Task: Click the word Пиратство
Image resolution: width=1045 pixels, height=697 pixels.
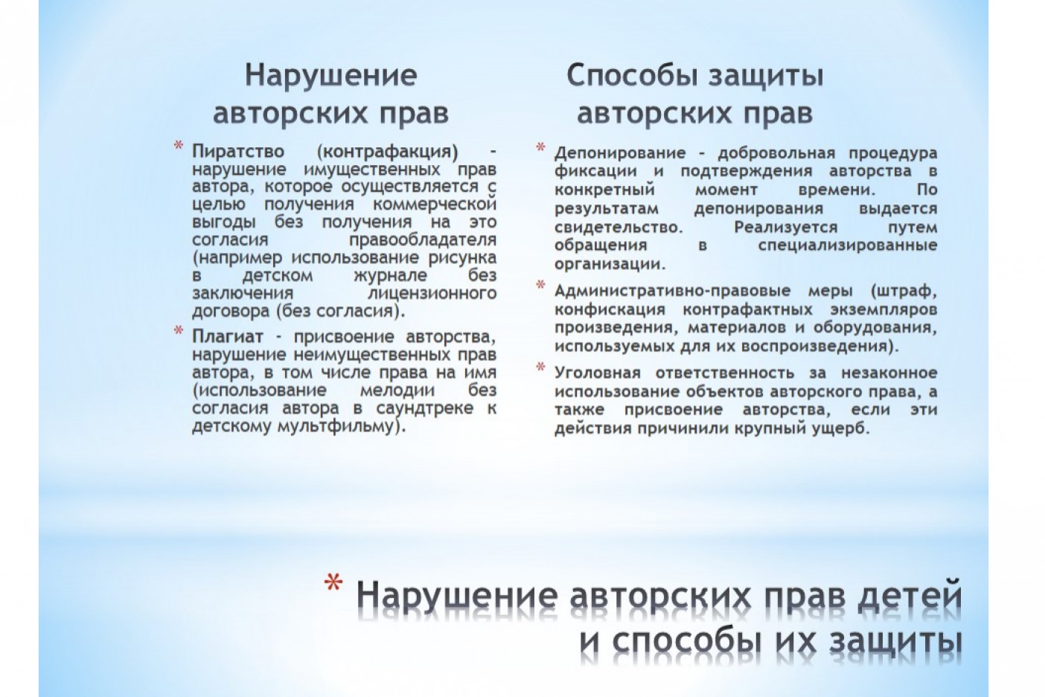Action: pos(238,152)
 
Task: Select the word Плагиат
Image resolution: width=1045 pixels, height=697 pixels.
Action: pos(228,336)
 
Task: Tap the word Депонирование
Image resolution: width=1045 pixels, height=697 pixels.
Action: pos(620,153)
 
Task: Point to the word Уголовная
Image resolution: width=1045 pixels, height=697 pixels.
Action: pos(598,373)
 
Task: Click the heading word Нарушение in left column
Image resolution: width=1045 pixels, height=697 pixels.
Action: pos(330,76)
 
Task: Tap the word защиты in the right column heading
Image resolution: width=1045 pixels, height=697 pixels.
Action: pos(766,77)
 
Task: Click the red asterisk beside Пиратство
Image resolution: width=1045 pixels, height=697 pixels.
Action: pos(178,146)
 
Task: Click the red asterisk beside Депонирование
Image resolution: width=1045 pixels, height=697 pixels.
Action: pos(540,147)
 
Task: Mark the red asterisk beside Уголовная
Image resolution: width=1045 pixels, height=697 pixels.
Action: pos(540,367)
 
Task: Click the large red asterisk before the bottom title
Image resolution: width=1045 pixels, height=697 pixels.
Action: pos(333,582)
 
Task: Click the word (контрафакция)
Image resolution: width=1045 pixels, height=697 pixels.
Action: pos(387,152)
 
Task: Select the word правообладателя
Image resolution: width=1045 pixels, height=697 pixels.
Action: pos(423,240)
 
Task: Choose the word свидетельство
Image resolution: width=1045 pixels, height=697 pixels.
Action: pos(619,228)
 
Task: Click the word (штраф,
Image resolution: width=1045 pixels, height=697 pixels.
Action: pos(904,292)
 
